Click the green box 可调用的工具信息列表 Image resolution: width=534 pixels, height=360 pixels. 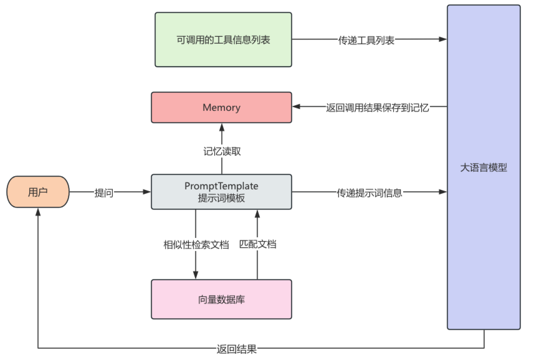[223, 39]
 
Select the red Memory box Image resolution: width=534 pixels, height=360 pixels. [221, 107]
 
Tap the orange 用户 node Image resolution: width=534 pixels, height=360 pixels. [38, 192]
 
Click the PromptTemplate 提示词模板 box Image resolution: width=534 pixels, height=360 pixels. [221, 192]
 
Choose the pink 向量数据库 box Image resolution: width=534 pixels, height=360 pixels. [221, 299]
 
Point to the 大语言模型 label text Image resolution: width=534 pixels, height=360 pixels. [484, 168]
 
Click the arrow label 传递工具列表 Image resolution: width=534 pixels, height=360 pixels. [366, 40]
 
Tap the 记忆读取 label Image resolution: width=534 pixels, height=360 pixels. [221, 151]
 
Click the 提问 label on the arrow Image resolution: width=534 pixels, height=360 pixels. [103, 192]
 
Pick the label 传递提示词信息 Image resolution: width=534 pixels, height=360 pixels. [370, 192]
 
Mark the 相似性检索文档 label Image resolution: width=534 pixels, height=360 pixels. [196, 244]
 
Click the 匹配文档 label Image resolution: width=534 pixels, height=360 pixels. [257, 244]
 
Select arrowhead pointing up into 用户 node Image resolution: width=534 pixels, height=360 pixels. [38, 212]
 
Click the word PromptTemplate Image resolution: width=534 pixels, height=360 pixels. [221, 186]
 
